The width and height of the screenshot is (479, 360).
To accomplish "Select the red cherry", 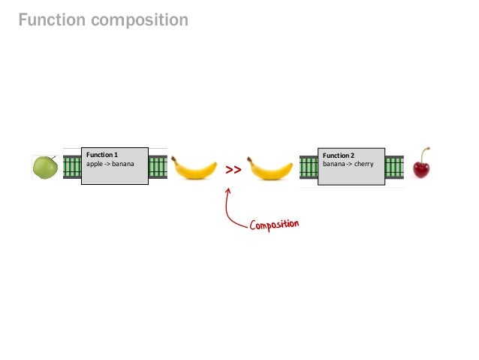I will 422,168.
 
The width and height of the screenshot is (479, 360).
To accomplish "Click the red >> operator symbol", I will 233,171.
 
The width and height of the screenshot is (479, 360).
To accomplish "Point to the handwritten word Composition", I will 275,225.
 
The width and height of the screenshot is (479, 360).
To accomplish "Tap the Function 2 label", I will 339,156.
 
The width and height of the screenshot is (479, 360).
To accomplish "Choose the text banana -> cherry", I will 348,163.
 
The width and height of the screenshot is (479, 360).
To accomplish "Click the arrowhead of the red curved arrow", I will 228,189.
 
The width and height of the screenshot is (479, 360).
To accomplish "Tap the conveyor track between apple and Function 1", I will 71,167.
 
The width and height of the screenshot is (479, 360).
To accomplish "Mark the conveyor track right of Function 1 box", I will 158,167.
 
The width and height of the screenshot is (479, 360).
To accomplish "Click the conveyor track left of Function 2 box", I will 309,167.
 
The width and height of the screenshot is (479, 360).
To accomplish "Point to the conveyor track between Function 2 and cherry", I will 394,167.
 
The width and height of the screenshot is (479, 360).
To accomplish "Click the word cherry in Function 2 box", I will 363,163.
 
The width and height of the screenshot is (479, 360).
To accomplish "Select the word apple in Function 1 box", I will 95,163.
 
